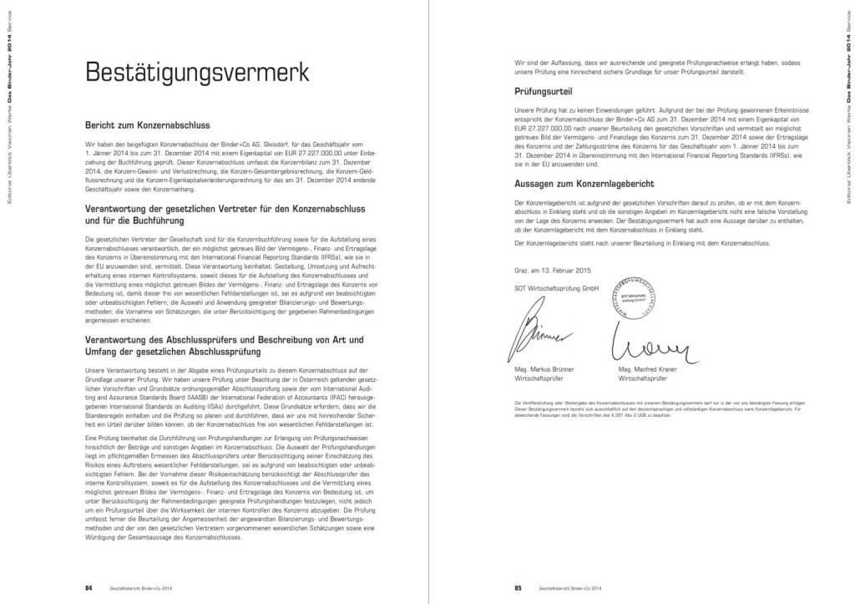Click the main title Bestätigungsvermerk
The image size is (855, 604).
pyautogui.click(x=197, y=73)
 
